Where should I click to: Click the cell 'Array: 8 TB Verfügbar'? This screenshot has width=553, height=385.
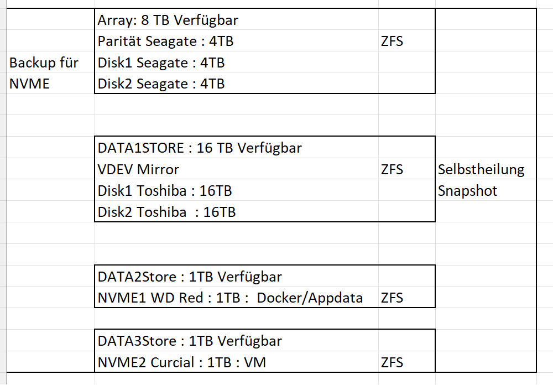pyautogui.click(x=168, y=20)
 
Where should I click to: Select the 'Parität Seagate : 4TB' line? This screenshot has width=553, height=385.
pyautogui.click(x=165, y=41)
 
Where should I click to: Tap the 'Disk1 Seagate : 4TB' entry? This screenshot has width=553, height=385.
pyautogui.click(x=161, y=63)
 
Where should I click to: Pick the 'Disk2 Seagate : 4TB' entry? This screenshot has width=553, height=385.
pyautogui.click(x=161, y=84)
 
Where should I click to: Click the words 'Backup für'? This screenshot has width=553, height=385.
pyautogui.click(x=44, y=63)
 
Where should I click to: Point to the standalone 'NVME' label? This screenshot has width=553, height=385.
pyautogui.click(x=29, y=84)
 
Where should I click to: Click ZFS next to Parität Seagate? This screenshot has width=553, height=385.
pyautogui.click(x=392, y=41)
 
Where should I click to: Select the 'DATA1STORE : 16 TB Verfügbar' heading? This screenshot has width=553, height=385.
pyautogui.click(x=200, y=148)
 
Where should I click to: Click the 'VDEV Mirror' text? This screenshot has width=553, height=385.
pyautogui.click(x=138, y=170)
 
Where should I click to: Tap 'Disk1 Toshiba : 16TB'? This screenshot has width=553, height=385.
pyautogui.click(x=165, y=191)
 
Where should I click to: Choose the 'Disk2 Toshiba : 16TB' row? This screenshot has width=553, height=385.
pyautogui.click(x=166, y=212)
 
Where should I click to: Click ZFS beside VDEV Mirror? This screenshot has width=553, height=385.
pyautogui.click(x=392, y=170)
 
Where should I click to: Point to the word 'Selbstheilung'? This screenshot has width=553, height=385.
pyautogui.click(x=481, y=170)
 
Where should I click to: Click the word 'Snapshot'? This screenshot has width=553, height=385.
pyautogui.click(x=468, y=191)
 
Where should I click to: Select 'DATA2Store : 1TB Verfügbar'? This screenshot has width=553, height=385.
pyautogui.click(x=190, y=277)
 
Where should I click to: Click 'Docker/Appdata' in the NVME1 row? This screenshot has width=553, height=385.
pyautogui.click(x=310, y=298)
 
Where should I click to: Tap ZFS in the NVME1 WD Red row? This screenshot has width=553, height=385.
pyautogui.click(x=392, y=298)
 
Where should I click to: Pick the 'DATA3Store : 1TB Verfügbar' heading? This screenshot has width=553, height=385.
pyautogui.click(x=190, y=341)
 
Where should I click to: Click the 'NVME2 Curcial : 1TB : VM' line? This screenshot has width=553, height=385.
pyautogui.click(x=181, y=363)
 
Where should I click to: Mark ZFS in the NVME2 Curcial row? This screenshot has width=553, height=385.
pyautogui.click(x=392, y=363)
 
